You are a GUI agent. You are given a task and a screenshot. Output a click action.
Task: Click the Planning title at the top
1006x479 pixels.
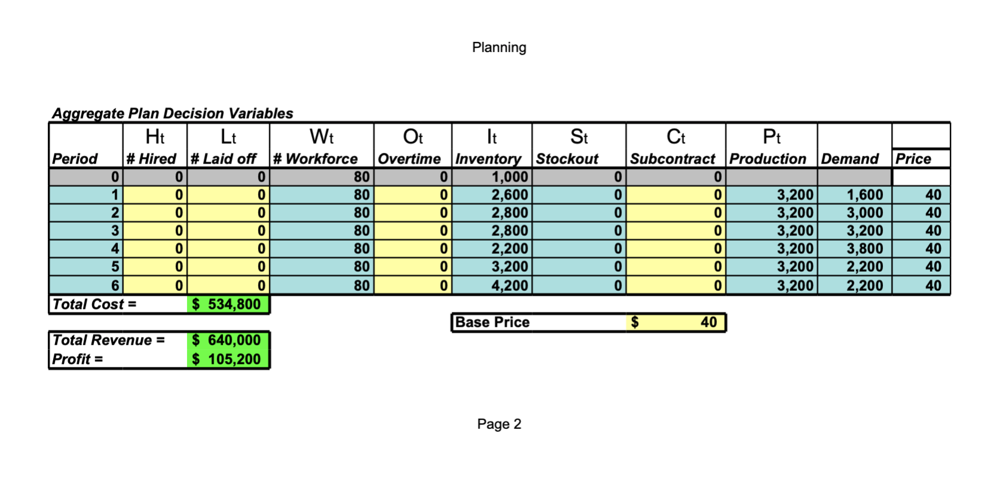click(499, 48)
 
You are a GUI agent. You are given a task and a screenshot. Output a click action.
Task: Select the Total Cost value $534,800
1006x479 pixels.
click(228, 305)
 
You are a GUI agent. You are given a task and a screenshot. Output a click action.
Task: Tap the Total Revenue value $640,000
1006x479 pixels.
click(228, 340)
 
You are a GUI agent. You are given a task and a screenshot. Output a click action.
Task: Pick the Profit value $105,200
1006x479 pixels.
click(228, 360)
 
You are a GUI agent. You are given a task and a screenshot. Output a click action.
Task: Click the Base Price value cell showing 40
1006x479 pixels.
click(676, 323)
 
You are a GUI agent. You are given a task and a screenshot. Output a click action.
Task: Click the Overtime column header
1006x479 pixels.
click(409, 159)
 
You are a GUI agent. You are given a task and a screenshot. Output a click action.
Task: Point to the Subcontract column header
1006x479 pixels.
click(673, 159)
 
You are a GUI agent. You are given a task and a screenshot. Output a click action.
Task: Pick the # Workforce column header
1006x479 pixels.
click(315, 159)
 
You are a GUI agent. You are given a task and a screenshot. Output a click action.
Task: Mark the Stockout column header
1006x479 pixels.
click(567, 159)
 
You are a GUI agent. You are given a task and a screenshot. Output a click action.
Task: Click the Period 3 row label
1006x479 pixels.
click(115, 231)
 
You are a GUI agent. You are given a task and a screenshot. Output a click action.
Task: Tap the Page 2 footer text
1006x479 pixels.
click(499, 424)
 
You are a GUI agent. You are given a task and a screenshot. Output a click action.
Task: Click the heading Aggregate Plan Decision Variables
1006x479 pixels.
click(173, 113)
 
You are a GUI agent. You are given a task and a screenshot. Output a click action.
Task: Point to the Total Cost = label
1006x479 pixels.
click(94, 305)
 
